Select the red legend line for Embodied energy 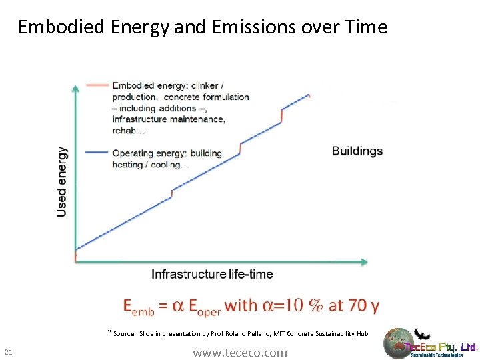click(x=98, y=85)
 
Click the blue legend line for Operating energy click(x=98, y=153)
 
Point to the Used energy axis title click(x=61, y=181)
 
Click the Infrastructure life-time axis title click(x=212, y=274)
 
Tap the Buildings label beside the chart click(x=357, y=151)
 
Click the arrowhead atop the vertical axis click(x=76, y=86)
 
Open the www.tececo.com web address click(x=240, y=353)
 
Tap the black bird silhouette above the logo click(x=421, y=333)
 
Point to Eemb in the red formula click(x=139, y=306)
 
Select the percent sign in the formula click(x=314, y=305)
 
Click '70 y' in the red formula click(x=364, y=305)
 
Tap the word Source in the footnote click(x=125, y=333)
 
